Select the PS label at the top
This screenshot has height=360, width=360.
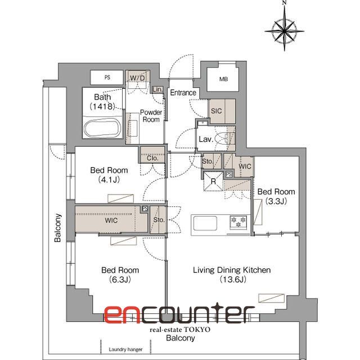[107, 78]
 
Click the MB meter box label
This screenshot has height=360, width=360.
[223, 79]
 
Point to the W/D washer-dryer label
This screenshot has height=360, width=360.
[137, 78]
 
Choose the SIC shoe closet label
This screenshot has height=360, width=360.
[216, 111]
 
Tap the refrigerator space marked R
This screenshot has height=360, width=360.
[213, 181]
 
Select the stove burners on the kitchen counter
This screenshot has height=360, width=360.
[238, 222]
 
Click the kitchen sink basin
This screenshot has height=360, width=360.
[205, 223]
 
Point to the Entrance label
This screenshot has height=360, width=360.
[183, 92]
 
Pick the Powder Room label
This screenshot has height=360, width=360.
[151, 116]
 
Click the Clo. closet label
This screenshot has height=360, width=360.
[152, 158]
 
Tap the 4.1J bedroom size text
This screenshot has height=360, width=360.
[109, 179]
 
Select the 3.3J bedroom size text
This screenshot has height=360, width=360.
[276, 201]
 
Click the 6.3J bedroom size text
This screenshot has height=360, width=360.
[120, 280]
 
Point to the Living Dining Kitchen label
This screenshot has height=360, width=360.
[232, 270]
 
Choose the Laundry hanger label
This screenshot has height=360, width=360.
[125, 349]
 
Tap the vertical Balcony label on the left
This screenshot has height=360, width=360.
[57, 228]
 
